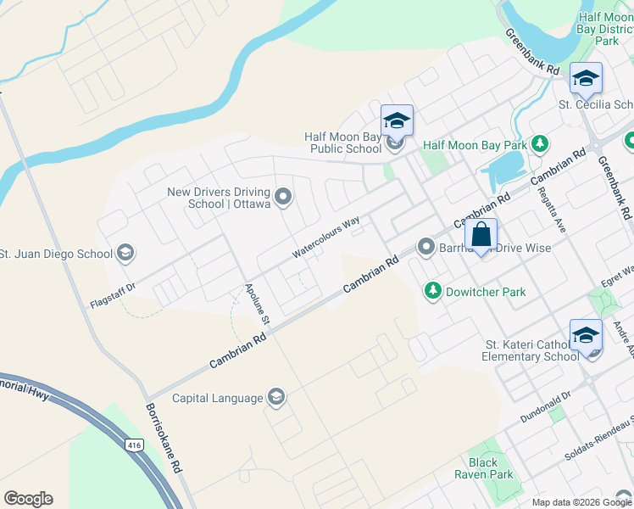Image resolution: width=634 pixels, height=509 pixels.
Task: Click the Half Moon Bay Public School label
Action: click(342, 143)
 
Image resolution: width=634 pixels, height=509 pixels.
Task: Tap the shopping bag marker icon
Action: click(481, 236)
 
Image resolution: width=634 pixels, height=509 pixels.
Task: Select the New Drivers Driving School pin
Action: click(284, 199)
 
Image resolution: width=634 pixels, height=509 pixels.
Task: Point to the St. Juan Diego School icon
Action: click(125, 253)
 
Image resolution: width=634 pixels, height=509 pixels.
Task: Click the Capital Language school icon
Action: click(275, 397)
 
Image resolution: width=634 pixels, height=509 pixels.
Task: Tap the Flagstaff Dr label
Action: click(112, 292)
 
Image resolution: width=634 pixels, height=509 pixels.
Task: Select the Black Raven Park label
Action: click(490, 468)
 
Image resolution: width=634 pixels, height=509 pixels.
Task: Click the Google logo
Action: click(28, 499)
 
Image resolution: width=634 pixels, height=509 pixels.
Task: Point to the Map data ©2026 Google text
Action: click(581, 502)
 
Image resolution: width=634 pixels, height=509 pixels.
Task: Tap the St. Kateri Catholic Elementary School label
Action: click(531, 350)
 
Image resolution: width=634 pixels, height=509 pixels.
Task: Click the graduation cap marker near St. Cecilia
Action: click(586, 81)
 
